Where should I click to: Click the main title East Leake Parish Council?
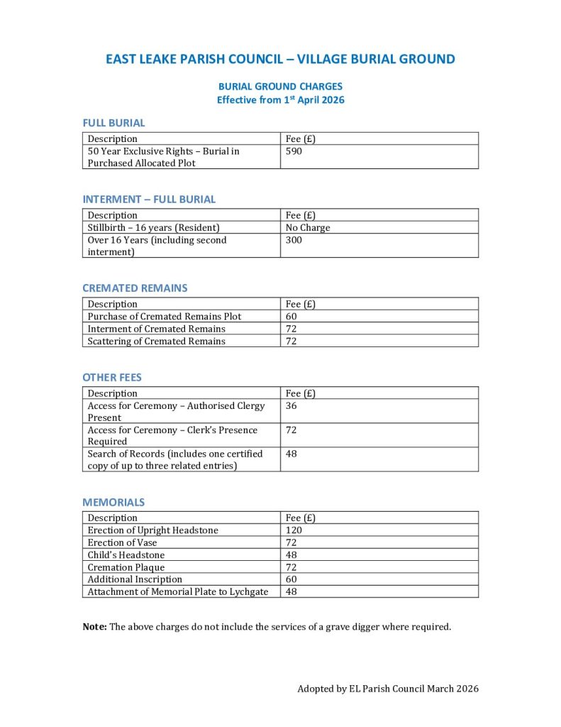[280, 60]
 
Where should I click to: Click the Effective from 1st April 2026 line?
[280, 100]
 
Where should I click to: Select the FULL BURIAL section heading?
[113, 123]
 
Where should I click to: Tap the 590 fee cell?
[294, 151]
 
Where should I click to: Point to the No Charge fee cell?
[308, 228]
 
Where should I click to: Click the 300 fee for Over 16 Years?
[294, 240]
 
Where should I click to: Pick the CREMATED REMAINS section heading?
[135, 288]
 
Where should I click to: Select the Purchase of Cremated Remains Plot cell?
[164, 317]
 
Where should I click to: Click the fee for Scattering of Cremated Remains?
[291, 341]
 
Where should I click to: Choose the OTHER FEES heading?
[112, 378]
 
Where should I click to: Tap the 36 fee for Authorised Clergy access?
[291, 406]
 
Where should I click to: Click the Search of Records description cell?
[174, 459]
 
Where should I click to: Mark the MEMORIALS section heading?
[113, 502]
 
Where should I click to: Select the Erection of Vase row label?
[122, 543]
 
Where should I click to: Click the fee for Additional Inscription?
[291, 579]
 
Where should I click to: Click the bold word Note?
[94, 627]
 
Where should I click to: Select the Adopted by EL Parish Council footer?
[388, 689]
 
